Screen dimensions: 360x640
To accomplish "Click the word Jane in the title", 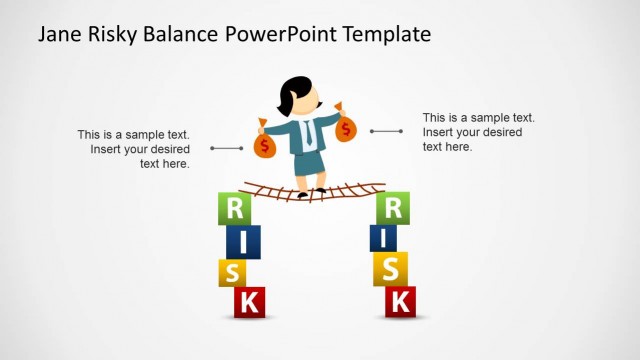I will [x=60, y=34].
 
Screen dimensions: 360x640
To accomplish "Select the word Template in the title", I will [x=386, y=34].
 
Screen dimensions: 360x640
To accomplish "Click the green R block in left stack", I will [x=234, y=208].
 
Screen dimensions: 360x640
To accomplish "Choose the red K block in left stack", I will [x=249, y=301].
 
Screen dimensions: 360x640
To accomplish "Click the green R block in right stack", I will [x=393, y=208].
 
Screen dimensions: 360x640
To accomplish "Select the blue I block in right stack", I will [x=383, y=238].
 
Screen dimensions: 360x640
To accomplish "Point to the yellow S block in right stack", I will [x=391, y=268].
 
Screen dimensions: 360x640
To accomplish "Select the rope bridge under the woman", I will [x=314, y=191].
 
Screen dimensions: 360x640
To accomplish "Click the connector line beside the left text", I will [x=227, y=148].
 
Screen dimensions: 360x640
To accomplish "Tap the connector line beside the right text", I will [x=386, y=131].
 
